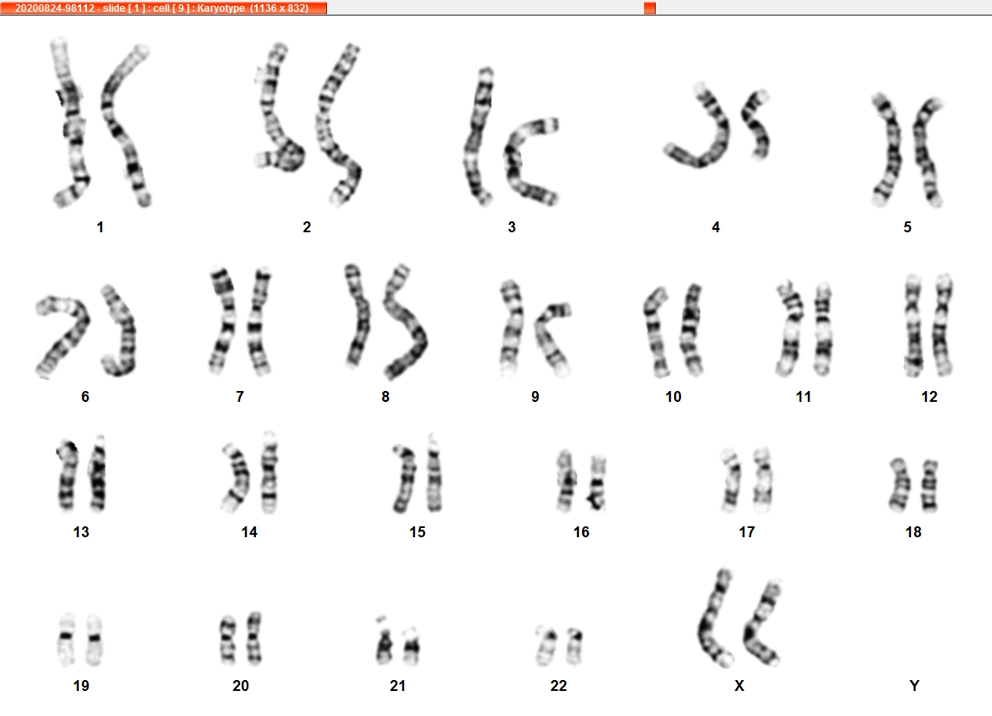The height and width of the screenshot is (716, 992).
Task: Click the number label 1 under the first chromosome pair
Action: click(x=100, y=227)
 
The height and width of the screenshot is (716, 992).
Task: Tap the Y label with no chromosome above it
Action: click(x=914, y=686)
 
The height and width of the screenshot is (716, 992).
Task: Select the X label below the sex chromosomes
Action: click(x=739, y=686)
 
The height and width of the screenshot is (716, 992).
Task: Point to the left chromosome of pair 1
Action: click(x=71, y=123)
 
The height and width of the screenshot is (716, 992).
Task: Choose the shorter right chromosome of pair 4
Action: click(x=756, y=123)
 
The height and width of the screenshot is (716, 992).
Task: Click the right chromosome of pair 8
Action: click(x=405, y=322)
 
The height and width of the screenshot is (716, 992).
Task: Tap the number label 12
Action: click(x=928, y=397)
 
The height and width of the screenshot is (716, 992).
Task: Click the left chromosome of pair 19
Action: click(x=66, y=638)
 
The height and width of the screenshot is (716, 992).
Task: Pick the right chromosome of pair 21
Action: click(x=412, y=645)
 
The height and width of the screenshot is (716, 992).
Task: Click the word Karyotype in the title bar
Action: click(x=221, y=8)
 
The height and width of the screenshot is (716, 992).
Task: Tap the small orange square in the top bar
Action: click(x=650, y=8)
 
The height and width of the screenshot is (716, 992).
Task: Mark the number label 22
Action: click(x=559, y=686)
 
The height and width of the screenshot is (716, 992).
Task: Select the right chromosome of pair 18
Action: click(x=928, y=485)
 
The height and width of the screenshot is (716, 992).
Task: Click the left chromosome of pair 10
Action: click(x=656, y=332)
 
